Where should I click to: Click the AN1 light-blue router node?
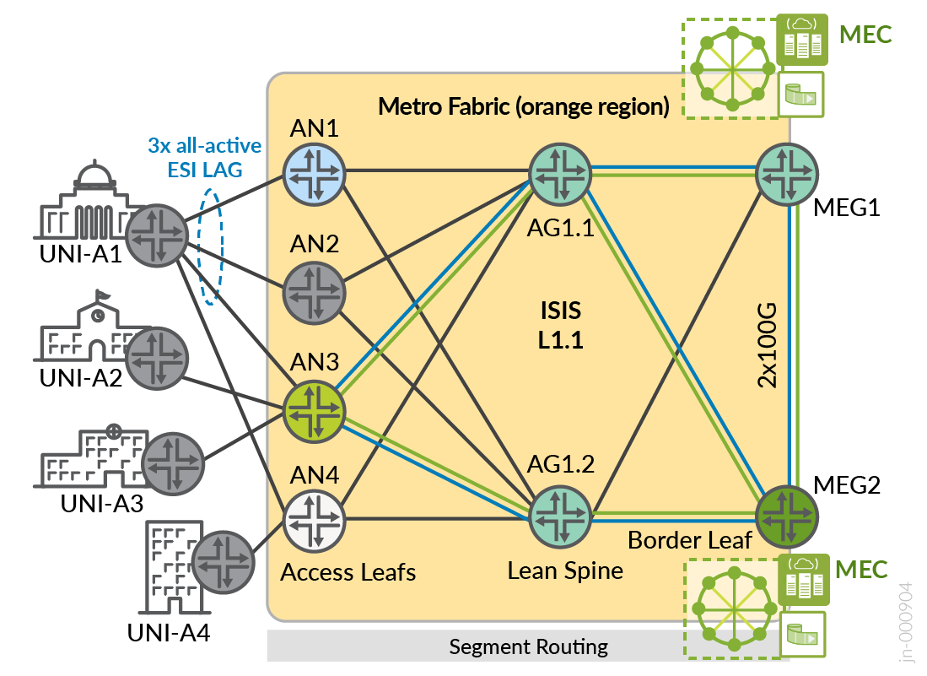pyautogui.click(x=314, y=172)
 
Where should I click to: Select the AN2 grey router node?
pyautogui.click(x=314, y=292)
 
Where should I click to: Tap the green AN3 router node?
pyautogui.click(x=314, y=411)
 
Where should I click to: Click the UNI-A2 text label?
pyautogui.click(x=81, y=377)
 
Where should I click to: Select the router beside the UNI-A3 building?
pyautogui.click(x=174, y=463)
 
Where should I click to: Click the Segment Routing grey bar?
pyautogui.click(x=528, y=647)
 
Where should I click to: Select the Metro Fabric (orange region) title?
pyautogui.click(x=523, y=106)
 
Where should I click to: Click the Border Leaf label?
pyautogui.click(x=690, y=540)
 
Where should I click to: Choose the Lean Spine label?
pyautogui.click(x=565, y=571)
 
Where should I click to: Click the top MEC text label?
pyautogui.click(x=865, y=35)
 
